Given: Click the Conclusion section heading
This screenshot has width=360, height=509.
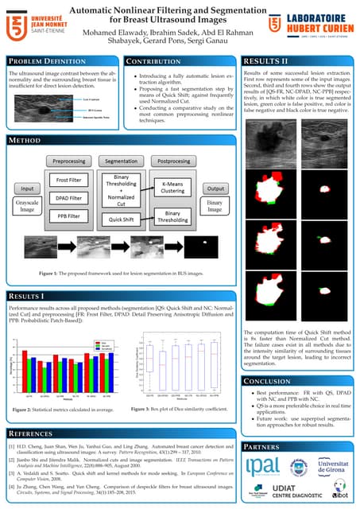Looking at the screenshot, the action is (x=269, y=381).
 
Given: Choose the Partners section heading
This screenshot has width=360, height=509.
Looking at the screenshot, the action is (x=265, y=446).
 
